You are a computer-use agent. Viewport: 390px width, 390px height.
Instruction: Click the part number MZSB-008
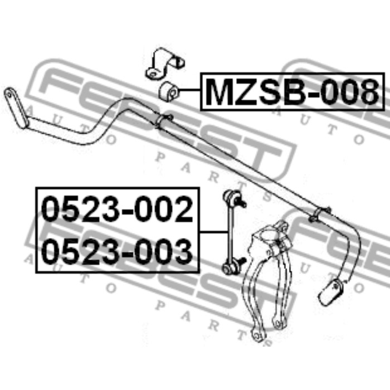pyautogui.click(x=292, y=91)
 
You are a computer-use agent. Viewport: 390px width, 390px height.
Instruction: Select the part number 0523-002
pyautogui.click(x=117, y=209)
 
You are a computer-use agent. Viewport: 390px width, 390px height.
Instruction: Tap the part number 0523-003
pyautogui.click(x=117, y=251)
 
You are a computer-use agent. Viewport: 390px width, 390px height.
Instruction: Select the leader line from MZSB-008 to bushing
pyautogui.click(x=188, y=90)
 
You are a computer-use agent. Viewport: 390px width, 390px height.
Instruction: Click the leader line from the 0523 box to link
pyautogui.click(x=213, y=232)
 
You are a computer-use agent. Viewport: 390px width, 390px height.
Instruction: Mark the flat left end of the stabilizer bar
pyautogui.click(x=16, y=108)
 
